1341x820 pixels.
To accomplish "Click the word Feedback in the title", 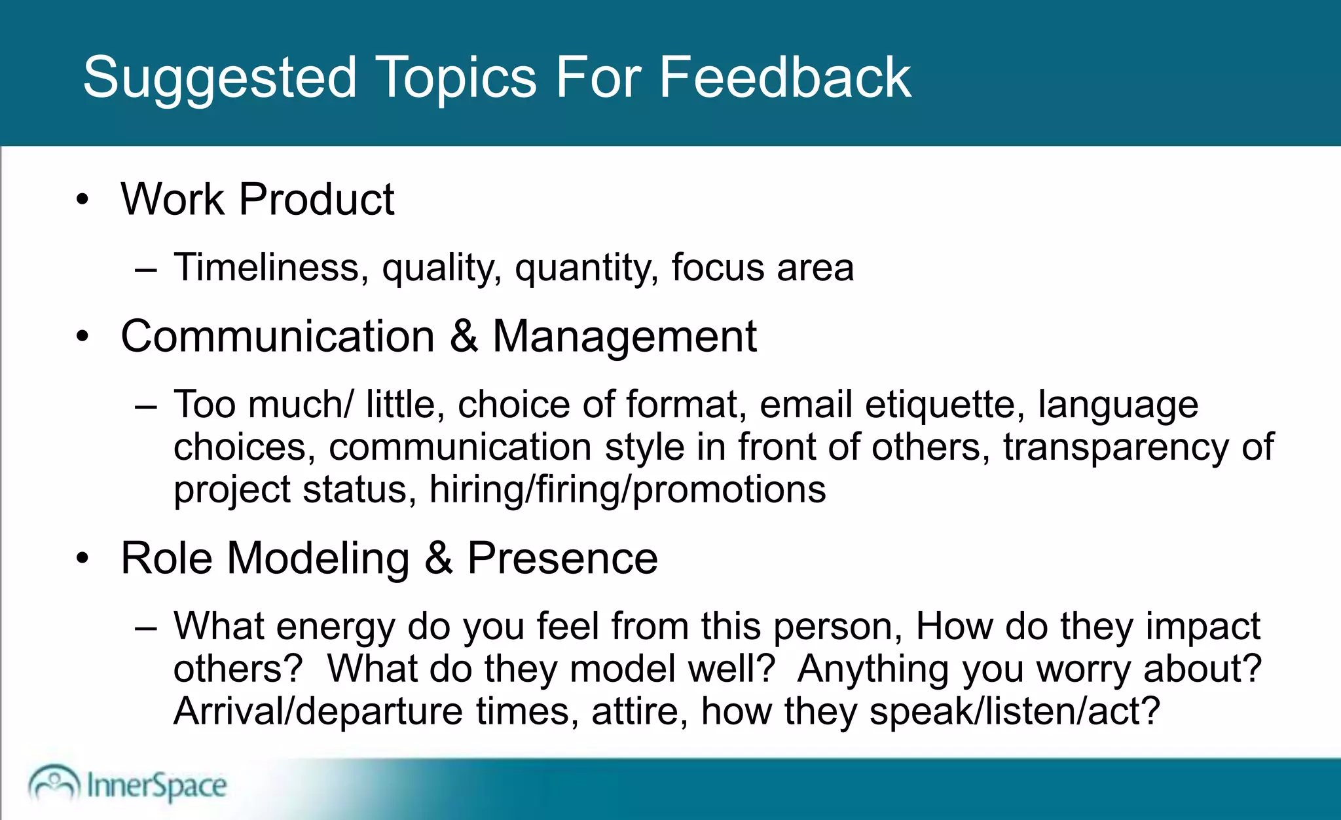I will pos(784,77).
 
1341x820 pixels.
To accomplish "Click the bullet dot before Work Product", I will pos(82,200).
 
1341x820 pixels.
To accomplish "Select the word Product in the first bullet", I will pos(316,199).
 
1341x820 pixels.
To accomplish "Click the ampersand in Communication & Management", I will pos(464,337).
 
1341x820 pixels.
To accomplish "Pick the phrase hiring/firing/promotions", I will pos(627,491).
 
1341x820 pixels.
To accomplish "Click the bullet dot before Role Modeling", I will pos(82,559).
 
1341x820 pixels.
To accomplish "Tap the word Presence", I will pos(562,559).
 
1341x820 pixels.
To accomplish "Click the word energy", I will pos(335,627).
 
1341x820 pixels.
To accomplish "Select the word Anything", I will pos(872,669).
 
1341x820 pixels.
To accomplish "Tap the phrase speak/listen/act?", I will pos(1014,711).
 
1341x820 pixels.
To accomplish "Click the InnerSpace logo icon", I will pos(54,783).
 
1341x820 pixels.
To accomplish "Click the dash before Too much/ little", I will pos(145,407).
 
